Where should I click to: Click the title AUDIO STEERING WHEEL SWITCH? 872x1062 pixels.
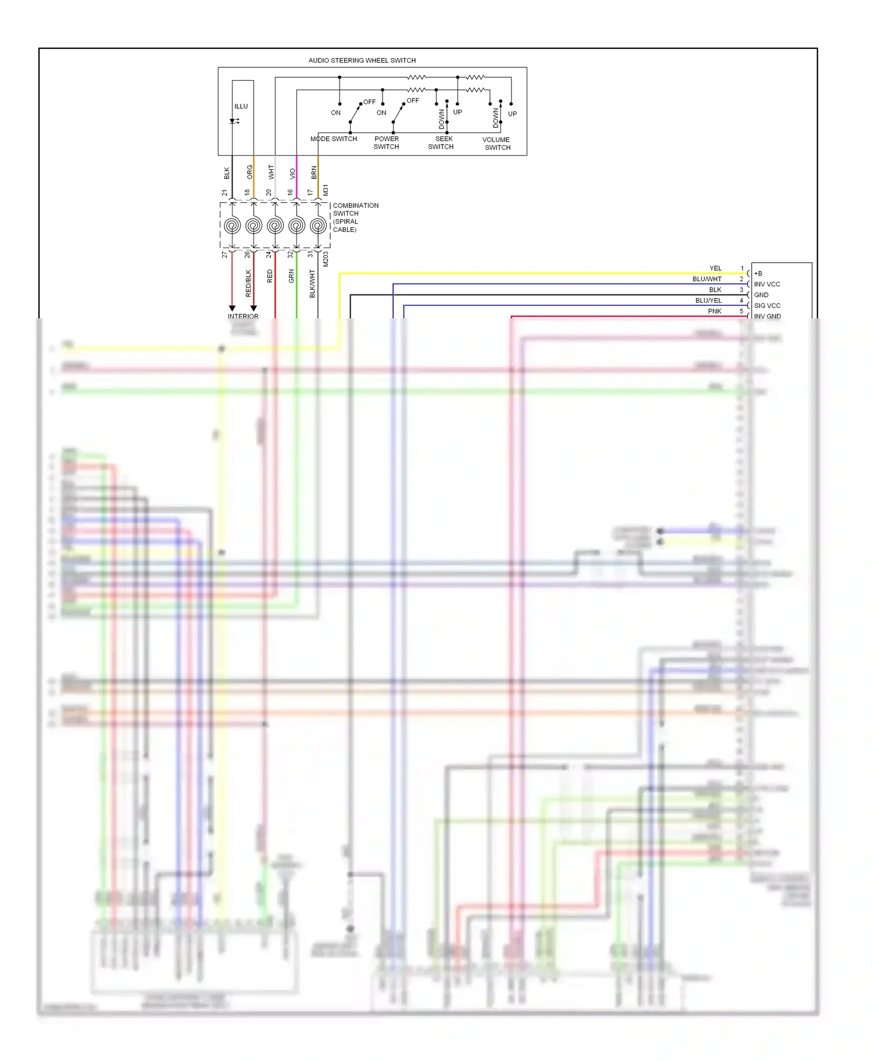pyautogui.click(x=362, y=60)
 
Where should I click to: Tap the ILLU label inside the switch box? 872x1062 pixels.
pyautogui.click(x=241, y=106)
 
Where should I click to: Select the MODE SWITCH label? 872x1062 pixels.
pyautogui.click(x=334, y=139)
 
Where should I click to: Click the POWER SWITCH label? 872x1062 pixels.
pyautogui.click(x=387, y=143)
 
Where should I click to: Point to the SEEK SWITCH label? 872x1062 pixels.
pyautogui.click(x=441, y=143)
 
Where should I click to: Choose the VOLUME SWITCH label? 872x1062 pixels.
pyautogui.click(x=496, y=143)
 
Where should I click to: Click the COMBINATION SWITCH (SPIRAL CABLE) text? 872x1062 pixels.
pyautogui.click(x=355, y=217)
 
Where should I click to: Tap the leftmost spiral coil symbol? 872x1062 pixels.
pyautogui.click(x=232, y=225)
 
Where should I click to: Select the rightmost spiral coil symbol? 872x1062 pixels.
pyautogui.click(x=318, y=225)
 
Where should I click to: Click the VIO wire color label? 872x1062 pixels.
pyautogui.click(x=292, y=173)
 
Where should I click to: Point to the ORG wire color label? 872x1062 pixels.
pyautogui.click(x=249, y=172)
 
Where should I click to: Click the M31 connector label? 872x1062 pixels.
pyautogui.click(x=326, y=190)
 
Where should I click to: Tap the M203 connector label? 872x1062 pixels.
pyautogui.click(x=326, y=259)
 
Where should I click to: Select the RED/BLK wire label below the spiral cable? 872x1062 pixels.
pyautogui.click(x=248, y=283)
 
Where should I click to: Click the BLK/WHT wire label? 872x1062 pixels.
pyautogui.click(x=312, y=284)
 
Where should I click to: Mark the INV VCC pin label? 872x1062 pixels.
pyautogui.click(x=767, y=284)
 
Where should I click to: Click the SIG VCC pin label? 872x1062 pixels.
pyautogui.click(x=767, y=306)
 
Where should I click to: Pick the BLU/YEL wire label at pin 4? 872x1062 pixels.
pyautogui.click(x=708, y=300)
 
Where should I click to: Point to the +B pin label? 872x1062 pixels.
pyautogui.click(x=758, y=274)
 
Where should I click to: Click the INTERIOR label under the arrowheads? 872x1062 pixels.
pyautogui.click(x=243, y=316)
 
